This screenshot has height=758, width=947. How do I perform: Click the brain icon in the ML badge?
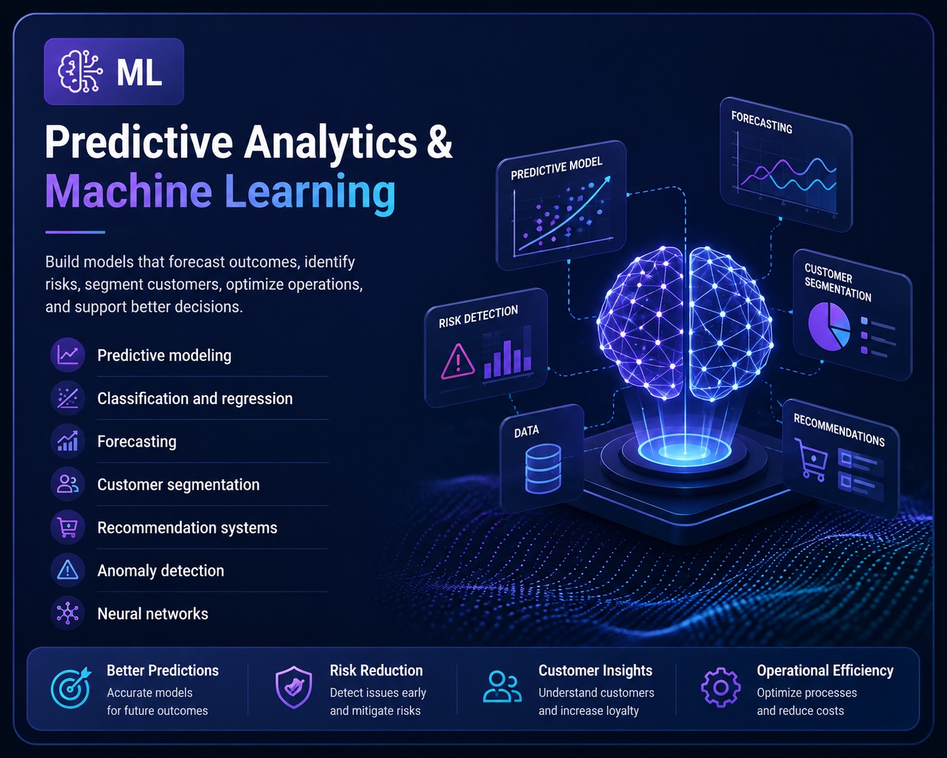pos(80,72)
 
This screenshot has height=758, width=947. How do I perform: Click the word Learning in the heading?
pos(310,192)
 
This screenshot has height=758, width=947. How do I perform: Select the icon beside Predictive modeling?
pos(68,355)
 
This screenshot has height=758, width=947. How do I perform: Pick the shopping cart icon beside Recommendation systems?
pos(68,528)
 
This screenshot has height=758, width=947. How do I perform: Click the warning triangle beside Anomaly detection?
pos(68,570)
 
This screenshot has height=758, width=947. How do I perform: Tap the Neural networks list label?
pos(153,613)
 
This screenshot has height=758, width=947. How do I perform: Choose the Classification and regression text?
pos(195,399)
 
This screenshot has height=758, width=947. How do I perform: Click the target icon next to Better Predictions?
pos(71,688)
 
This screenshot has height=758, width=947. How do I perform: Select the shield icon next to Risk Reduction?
pos(294,687)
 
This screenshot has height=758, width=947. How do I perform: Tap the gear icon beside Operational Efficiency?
pos(720,688)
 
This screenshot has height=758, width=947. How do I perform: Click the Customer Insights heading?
pos(595,670)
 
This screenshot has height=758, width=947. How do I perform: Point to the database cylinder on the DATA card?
pos(543,468)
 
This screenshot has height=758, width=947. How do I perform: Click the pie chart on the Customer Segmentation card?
pos(829,326)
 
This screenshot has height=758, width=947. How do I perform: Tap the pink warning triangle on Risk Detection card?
pos(458,362)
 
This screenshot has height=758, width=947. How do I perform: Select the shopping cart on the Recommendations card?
pos(812,459)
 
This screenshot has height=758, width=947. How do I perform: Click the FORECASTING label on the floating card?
pos(762,122)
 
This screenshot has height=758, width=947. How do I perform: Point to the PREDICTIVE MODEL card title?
pos(557,168)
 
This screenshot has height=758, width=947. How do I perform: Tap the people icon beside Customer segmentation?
pos(68,484)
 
